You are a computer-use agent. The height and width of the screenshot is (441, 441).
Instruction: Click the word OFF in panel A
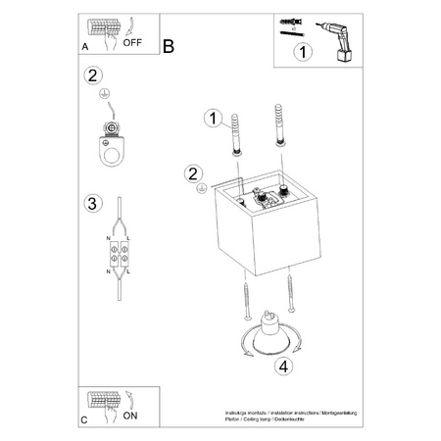pyautogui.click(x=132, y=44)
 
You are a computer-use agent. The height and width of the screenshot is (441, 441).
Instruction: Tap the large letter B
pyautogui.click(x=168, y=45)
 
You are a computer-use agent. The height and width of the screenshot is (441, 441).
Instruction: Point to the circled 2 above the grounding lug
pyautogui.click(x=93, y=75)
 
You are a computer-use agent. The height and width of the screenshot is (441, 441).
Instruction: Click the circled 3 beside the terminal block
pyautogui.click(x=93, y=204)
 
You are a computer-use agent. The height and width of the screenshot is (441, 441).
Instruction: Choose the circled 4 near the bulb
pyautogui.click(x=282, y=368)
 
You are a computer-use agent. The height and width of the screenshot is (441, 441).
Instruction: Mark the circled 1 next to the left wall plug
pyautogui.click(x=209, y=119)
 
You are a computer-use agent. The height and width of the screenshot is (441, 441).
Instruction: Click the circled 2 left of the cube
pyautogui.click(x=192, y=174)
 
